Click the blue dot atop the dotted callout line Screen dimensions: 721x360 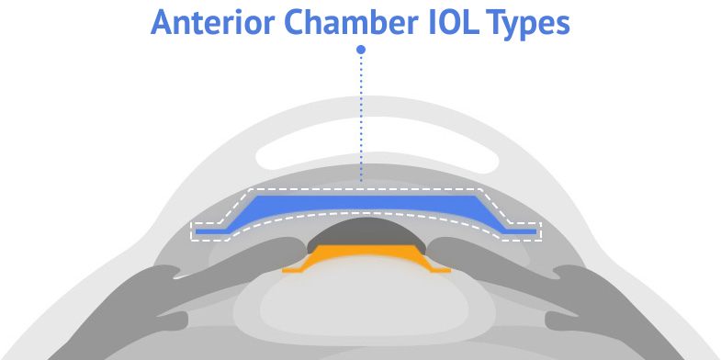coord(361,50)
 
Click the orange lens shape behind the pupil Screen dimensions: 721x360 coord(367,257)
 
